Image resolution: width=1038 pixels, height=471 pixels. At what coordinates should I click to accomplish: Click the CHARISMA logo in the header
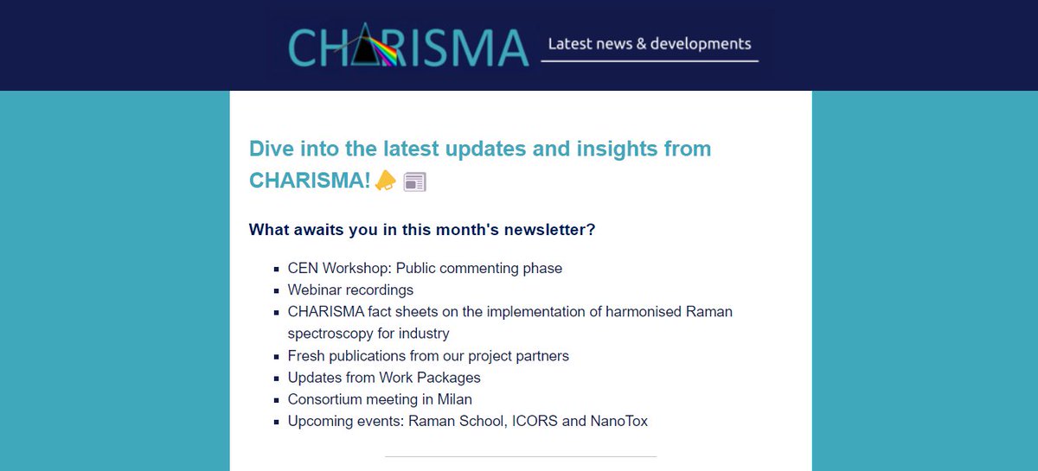pyautogui.click(x=407, y=45)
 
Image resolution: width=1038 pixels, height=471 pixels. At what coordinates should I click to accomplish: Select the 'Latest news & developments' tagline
pyautogui.click(x=650, y=43)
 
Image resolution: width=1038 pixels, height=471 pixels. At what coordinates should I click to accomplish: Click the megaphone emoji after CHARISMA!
pyautogui.click(x=386, y=181)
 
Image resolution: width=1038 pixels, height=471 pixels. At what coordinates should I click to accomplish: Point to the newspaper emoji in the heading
pyautogui.click(x=415, y=181)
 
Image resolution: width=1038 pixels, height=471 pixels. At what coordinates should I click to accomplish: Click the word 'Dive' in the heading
pyautogui.click(x=269, y=149)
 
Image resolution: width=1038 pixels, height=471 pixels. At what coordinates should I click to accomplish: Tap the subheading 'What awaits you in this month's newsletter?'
pyautogui.click(x=422, y=230)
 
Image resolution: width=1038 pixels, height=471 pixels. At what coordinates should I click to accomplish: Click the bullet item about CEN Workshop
pyautogui.click(x=425, y=268)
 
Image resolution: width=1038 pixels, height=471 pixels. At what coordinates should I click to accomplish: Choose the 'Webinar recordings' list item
pyautogui.click(x=350, y=290)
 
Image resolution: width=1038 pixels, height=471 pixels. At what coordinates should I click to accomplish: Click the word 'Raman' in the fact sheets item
pyautogui.click(x=711, y=311)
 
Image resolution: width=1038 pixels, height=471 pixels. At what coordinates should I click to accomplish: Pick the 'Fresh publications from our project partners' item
pyautogui.click(x=428, y=355)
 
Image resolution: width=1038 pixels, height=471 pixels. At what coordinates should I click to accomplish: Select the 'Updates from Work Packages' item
pyautogui.click(x=384, y=378)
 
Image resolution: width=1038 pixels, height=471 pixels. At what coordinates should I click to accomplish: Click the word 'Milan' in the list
pyautogui.click(x=453, y=399)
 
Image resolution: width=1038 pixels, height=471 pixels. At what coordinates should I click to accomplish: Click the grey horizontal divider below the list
pyautogui.click(x=521, y=456)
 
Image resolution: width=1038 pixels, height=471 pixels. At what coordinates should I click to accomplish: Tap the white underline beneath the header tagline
pyautogui.click(x=650, y=61)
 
